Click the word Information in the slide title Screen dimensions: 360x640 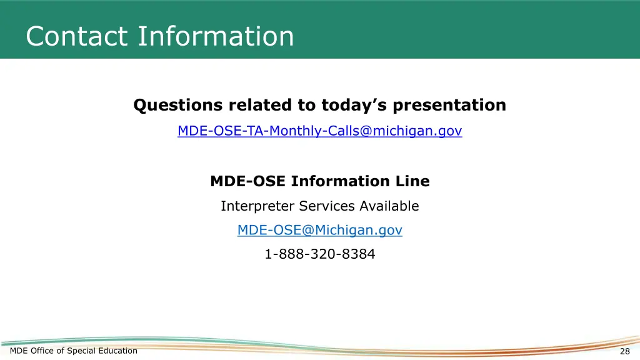coord(216,36)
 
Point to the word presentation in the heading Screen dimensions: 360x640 coord(449,105)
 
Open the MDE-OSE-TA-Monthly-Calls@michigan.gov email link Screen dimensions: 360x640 coord(319,131)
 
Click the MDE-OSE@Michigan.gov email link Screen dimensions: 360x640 coord(319,230)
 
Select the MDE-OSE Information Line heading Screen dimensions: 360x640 coord(319,181)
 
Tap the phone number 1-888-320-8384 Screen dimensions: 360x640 coord(319,254)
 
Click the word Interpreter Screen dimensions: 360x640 coord(257,206)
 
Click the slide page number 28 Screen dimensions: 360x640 coord(624,351)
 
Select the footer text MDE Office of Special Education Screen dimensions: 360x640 coord(74,351)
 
